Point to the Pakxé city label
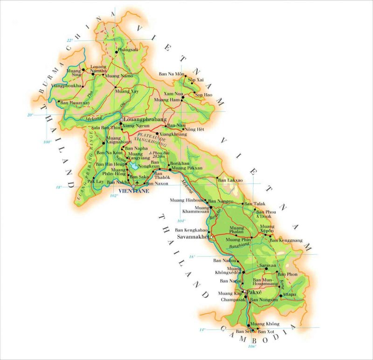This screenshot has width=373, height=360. coord(255,292)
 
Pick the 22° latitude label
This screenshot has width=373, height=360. coord(70,41)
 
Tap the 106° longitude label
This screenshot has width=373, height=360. coord(252,346)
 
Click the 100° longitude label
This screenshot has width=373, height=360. coord(47,142)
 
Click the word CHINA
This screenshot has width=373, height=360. coord(101,35)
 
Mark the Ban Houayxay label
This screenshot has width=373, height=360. coord(75,102)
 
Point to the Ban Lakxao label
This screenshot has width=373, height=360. coord(230,180)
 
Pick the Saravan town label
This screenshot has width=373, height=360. coord(268,265)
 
